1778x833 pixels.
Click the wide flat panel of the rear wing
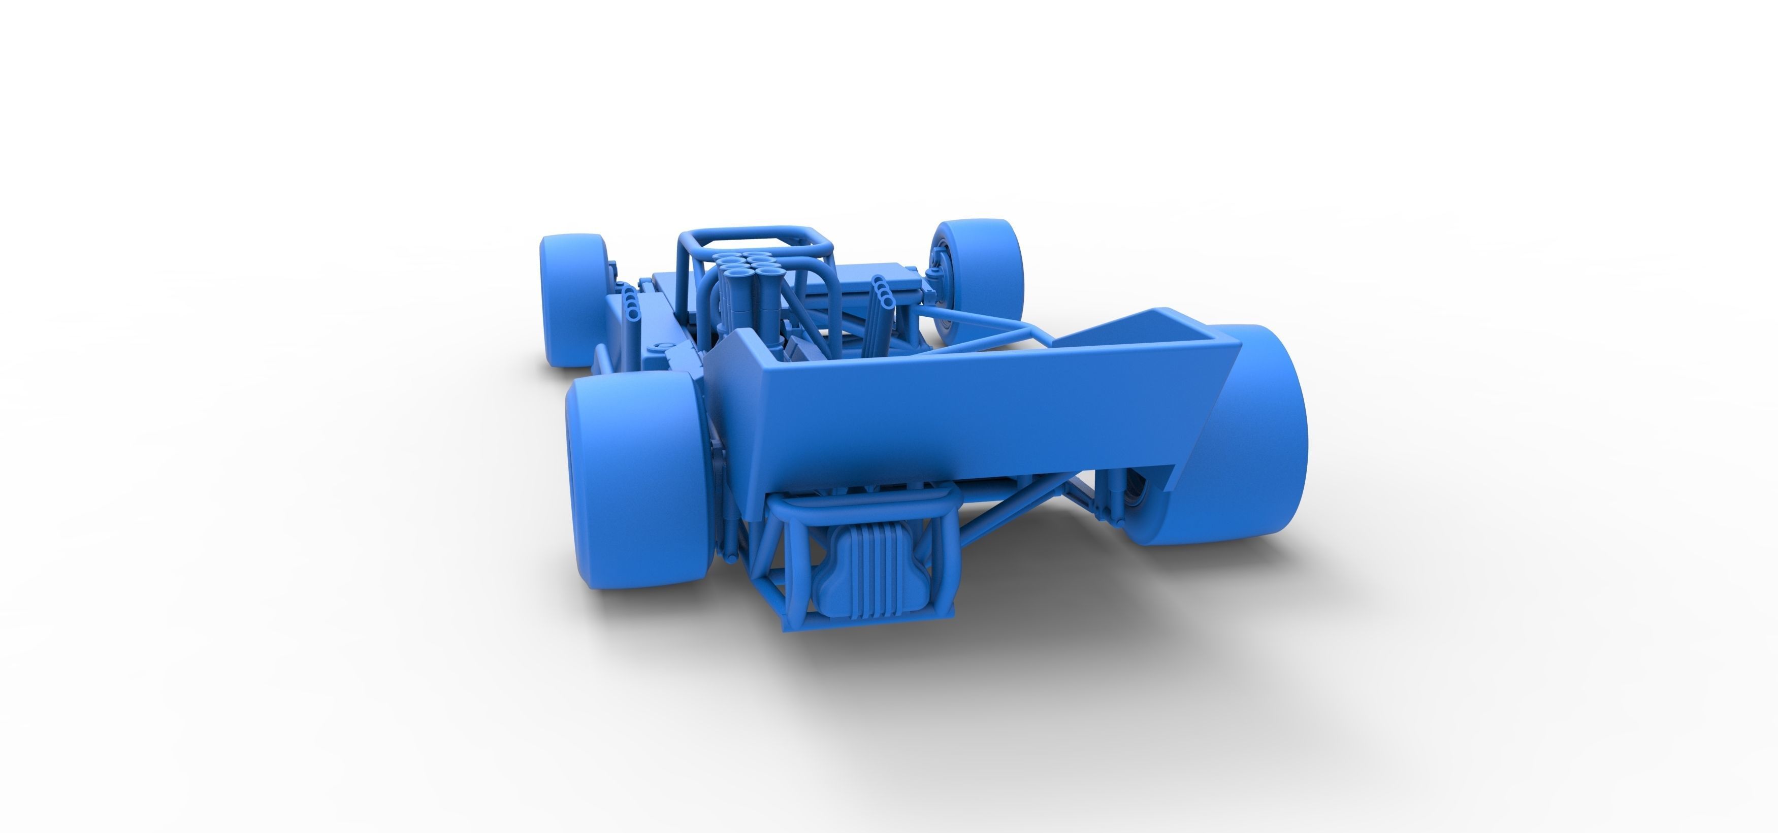pyautogui.click(x=966, y=414)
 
